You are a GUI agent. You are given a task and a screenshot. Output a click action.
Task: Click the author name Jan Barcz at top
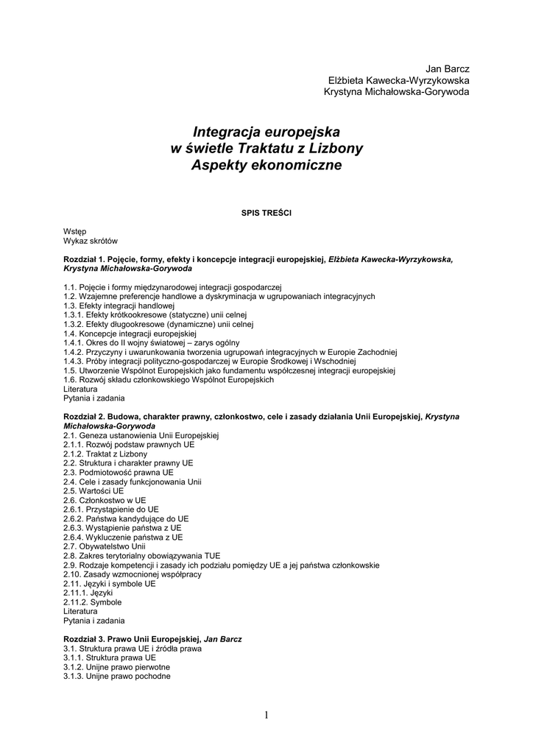click(448, 68)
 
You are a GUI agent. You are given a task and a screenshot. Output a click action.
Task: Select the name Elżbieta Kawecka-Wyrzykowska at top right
click(399, 80)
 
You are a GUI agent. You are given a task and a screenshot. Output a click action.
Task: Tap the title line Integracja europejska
click(266, 132)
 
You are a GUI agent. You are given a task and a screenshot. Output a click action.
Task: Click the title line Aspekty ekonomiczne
click(266, 166)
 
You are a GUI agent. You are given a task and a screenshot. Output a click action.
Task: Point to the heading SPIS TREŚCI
click(266, 213)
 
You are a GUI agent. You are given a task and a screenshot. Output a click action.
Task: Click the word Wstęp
click(75, 231)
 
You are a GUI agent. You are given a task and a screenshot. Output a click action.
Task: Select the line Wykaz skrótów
click(91, 241)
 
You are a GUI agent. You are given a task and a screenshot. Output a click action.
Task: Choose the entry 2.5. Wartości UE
click(93, 490)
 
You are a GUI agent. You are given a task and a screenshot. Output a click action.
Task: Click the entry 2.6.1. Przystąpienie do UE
click(111, 509)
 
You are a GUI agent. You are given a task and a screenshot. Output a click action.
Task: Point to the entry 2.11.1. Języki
click(88, 593)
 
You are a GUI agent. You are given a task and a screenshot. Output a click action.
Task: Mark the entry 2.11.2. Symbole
click(93, 602)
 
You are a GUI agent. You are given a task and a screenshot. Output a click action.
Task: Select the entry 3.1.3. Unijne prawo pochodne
click(117, 676)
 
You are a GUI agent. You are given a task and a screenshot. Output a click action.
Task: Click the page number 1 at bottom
click(266, 715)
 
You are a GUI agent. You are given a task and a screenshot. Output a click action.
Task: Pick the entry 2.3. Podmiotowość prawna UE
click(119, 472)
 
